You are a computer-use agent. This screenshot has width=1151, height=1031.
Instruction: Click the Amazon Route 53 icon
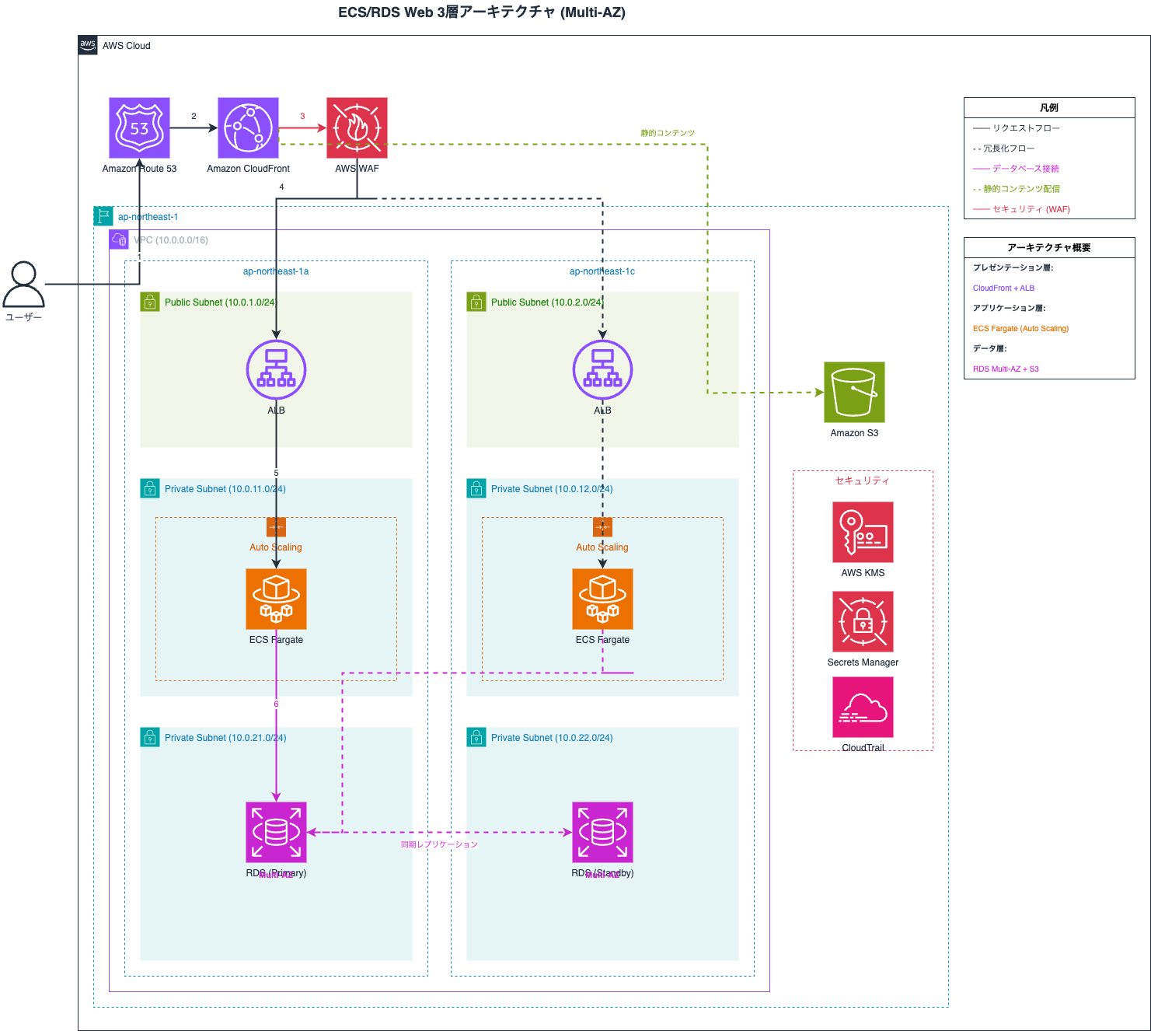pos(139,128)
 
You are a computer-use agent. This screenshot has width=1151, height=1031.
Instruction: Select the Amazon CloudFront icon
pos(248,128)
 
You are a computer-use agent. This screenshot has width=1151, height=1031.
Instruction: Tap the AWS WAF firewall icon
pos(357,128)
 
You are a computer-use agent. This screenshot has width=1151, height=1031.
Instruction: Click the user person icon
pos(23,284)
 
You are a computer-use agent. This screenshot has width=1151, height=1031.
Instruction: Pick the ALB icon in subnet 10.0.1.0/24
pos(276,369)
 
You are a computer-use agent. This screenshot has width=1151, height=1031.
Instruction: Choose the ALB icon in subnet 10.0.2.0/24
pos(602,369)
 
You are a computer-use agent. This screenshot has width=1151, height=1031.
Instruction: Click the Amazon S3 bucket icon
pos(854,392)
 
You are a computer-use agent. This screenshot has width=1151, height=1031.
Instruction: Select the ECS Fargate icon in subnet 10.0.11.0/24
pos(276,599)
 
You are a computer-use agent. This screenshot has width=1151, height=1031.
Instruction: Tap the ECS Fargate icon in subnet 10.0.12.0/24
pos(602,599)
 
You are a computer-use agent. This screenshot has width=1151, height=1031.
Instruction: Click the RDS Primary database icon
pos(276,832)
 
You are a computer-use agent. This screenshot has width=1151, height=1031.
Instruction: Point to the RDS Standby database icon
pos(602,832)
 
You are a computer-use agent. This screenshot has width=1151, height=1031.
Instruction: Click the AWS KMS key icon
pos(863,532)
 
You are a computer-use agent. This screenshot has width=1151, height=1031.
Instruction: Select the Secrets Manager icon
pos(863,621)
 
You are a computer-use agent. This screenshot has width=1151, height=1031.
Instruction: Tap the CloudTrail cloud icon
pos(863,707)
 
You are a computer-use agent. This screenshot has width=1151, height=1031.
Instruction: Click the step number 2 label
pos(194,116)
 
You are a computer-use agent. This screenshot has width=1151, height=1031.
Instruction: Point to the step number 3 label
pos(302,116)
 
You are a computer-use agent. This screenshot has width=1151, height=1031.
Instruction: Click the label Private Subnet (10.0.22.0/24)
pos(552,738)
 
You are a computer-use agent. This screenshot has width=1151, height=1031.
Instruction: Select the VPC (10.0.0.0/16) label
pos(171,240)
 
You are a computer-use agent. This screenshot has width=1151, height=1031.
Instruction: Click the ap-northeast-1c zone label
pos(602,271)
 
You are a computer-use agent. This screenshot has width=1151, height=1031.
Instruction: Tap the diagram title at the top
pos(482,12)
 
